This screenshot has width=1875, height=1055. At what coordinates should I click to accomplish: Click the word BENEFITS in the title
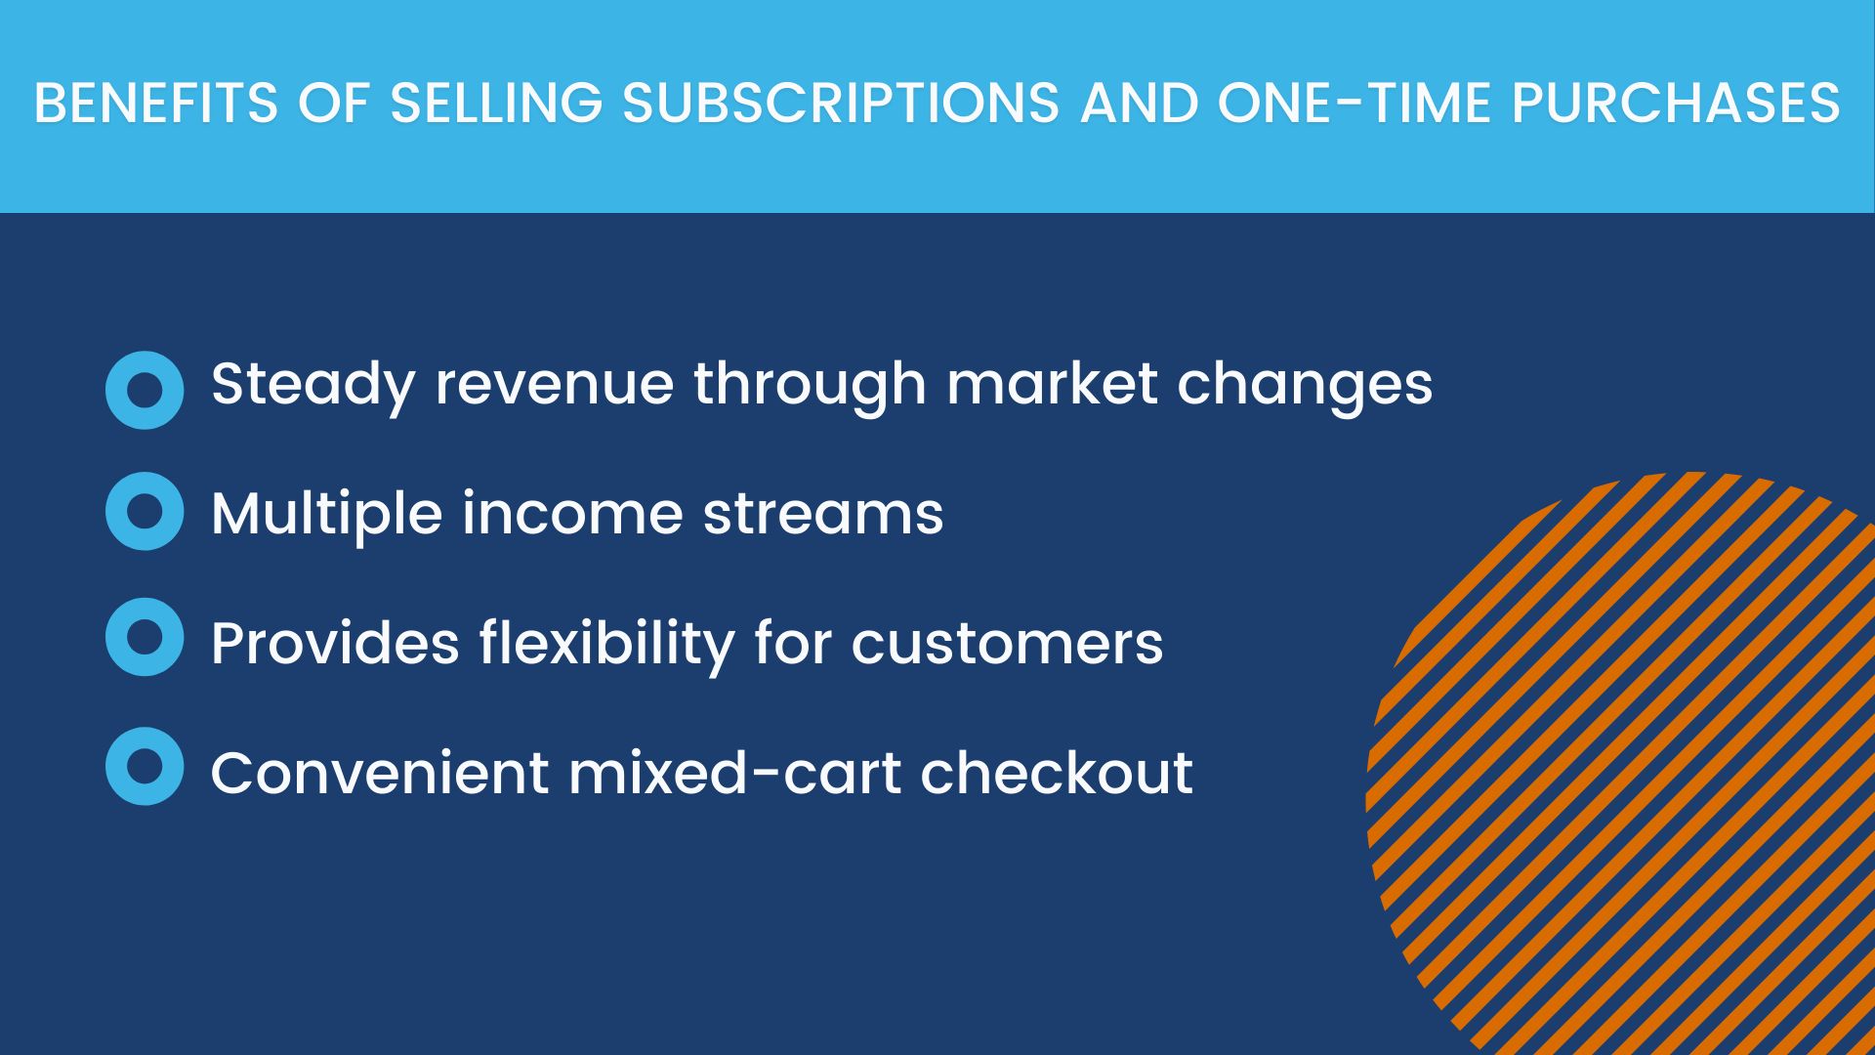point(156,104)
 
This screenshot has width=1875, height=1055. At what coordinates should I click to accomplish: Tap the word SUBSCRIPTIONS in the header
point(841,104)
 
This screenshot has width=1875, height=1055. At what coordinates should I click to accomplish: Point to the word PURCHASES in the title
point(1676,104)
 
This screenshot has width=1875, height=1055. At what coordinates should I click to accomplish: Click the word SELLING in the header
point(496,104)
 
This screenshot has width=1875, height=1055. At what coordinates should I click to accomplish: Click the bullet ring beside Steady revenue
point(145,390)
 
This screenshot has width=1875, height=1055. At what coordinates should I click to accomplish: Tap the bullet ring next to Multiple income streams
point(145,511)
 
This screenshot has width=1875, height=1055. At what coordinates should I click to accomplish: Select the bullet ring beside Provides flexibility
point(145,637)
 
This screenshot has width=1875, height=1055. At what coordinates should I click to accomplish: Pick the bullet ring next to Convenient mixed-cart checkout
point(145,766)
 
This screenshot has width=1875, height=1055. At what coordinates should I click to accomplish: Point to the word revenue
point(555,384)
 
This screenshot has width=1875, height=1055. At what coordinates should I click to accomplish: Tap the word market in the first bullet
point(1052,383)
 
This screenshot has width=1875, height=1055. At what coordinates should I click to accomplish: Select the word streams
point(823,515)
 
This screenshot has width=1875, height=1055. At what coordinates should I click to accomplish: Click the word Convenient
point(380,773)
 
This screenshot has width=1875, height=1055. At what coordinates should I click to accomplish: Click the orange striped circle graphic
point(1621,763)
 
